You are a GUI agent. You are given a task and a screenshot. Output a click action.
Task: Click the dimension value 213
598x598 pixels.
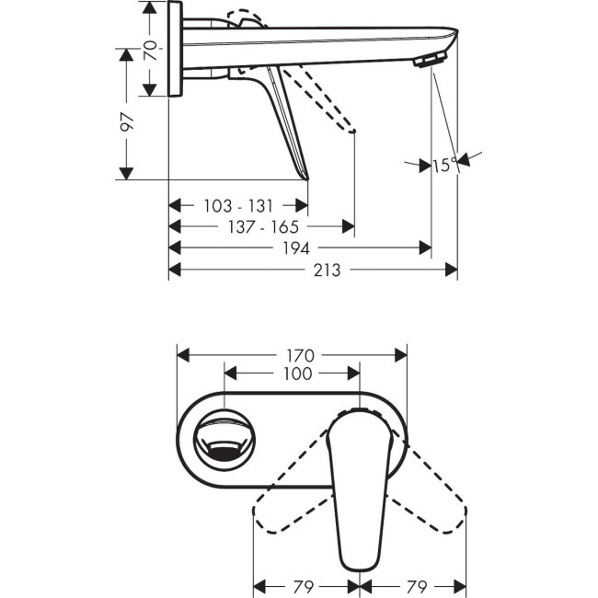[327, 270]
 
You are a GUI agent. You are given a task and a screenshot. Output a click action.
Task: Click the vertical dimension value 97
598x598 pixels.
[126, 121]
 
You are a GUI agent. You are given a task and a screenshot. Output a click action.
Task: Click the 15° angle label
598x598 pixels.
[443, 165]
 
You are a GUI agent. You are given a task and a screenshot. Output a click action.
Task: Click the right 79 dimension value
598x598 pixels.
[417, 584]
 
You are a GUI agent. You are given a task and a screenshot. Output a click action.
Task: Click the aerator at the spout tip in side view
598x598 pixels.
[430, 60]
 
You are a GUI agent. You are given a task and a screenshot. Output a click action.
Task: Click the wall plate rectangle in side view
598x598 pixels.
[175, 51]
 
